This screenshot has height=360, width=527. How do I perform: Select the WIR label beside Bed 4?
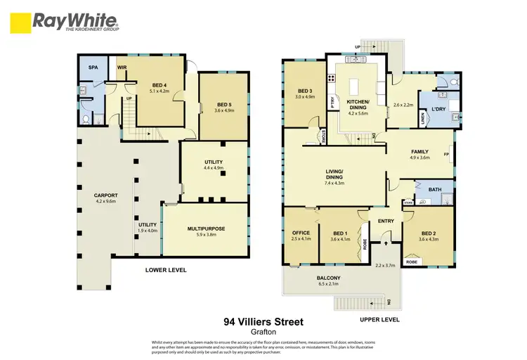(x=122, y=67)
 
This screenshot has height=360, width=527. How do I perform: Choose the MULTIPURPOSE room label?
(x=204, y=229)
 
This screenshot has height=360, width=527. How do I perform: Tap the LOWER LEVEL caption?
(x=165, y=269)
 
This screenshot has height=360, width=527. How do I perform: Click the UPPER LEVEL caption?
(x=379, y=319)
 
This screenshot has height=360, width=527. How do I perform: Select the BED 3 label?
(x=304, y=91)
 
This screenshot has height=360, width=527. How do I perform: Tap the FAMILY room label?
(x=420, y=151)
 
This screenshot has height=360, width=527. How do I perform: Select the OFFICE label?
(x=301, y=233)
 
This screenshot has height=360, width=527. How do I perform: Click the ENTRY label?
(x=386, y=221)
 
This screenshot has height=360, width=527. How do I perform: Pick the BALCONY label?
(x=329, y=278)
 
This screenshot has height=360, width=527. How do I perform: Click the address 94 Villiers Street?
(x=263, y=322)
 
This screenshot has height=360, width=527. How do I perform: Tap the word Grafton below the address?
(x=263, y=332)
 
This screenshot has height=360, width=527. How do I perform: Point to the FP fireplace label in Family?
(x=446, y=154)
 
